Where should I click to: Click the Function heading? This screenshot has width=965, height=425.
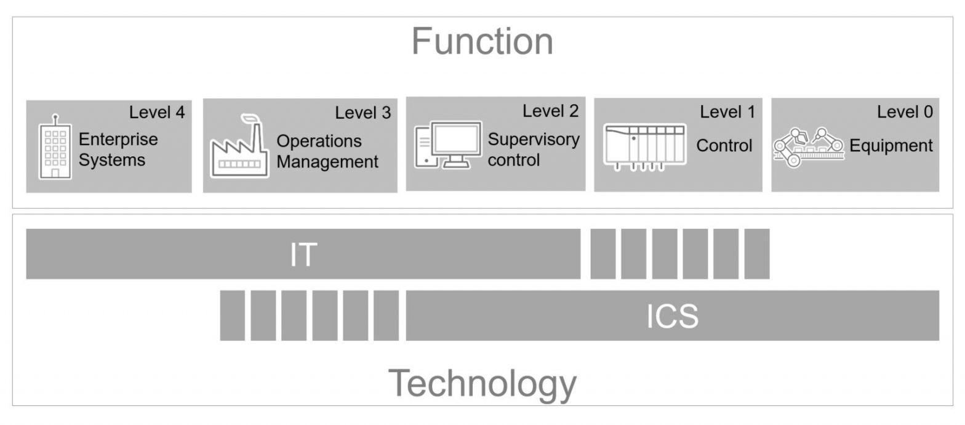[482, 42]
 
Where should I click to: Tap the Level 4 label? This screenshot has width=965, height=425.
[156, 112]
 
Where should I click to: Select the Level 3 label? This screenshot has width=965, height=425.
[362, 113]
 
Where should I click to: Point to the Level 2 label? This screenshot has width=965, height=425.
[550, 111]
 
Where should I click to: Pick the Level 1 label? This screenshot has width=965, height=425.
[727, 112]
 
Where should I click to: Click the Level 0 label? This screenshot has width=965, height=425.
[904, 112]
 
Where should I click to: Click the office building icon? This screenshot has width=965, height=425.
[55, 148]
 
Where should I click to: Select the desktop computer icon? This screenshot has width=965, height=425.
[447, 145]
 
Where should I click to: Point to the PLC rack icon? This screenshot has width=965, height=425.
[644, 148]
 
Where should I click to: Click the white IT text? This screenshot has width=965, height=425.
[303, 254]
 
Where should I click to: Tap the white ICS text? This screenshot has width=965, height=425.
[672, 316]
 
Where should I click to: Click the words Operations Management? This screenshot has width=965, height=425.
[327, 151]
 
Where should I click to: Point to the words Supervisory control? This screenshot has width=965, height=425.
[533, 149]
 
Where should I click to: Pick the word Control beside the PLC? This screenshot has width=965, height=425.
[724, 146]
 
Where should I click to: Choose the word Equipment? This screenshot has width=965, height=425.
[891, 146]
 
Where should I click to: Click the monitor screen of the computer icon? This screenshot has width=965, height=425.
[455, 139]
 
